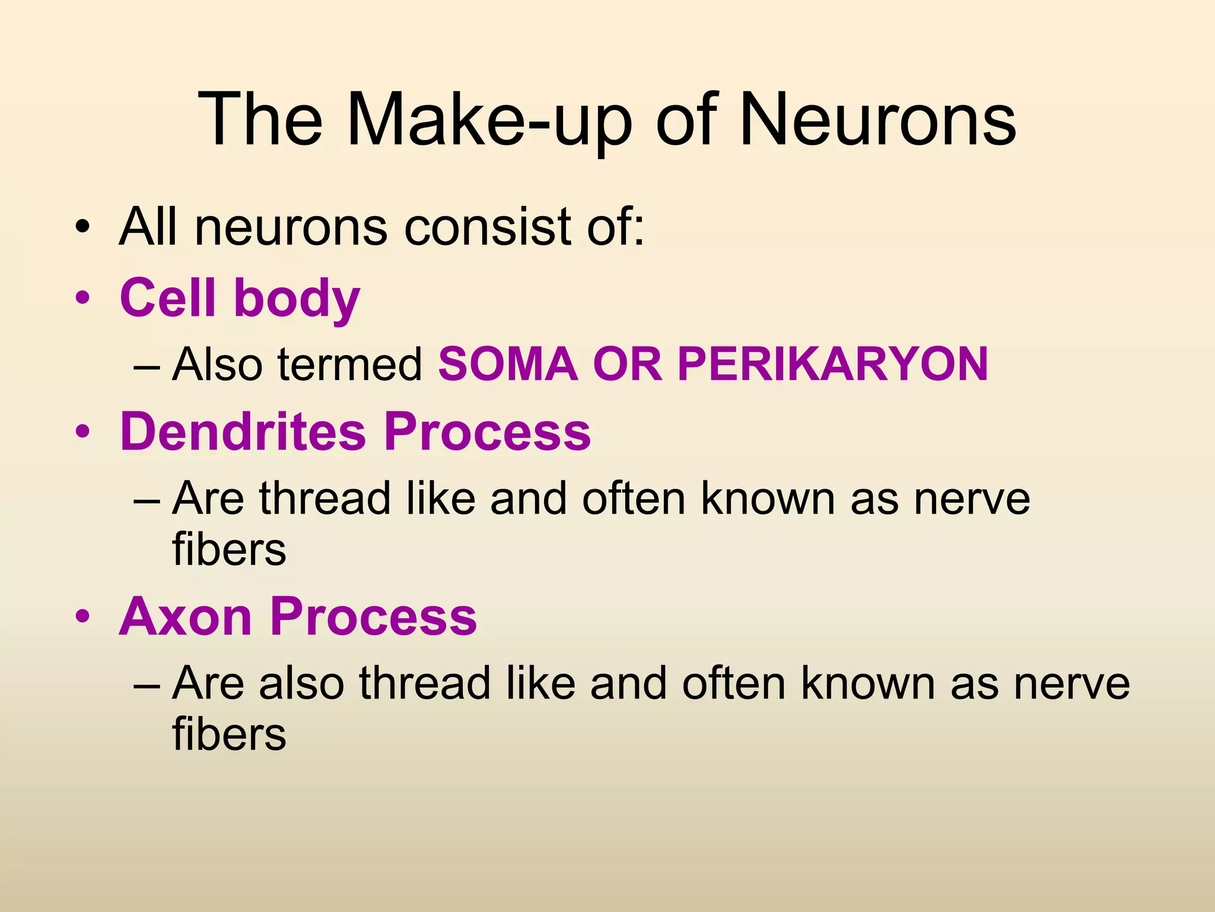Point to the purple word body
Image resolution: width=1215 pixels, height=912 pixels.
click(297, 299)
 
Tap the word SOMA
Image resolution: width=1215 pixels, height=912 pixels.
click(508, 364)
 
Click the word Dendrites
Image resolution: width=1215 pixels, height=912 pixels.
click(243, 432)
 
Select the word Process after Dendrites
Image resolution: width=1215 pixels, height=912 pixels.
click(487, 432)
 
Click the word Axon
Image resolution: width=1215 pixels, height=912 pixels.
click(185, 617)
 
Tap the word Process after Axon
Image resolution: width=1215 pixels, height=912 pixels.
click(374, 617)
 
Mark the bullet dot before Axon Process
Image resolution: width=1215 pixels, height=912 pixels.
click(82, 617)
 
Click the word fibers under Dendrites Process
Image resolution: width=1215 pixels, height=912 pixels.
click(229, 549)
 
